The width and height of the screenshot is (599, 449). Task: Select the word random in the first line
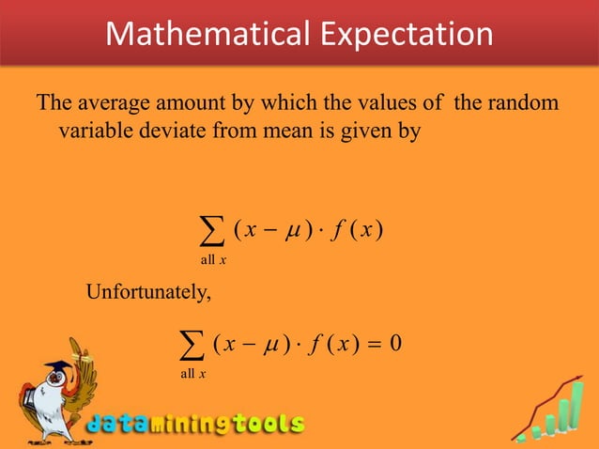point(527,101)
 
